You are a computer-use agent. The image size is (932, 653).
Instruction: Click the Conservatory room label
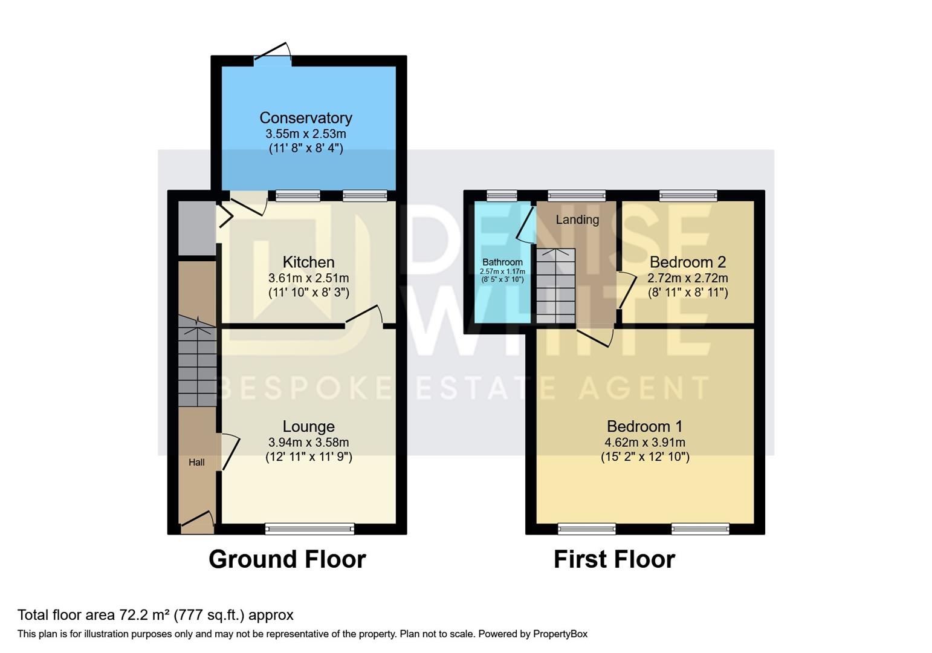(x=305, y=118)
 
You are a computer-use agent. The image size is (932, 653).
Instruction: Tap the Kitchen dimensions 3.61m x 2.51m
(x=308, y=278)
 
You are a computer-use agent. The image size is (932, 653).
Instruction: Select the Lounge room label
(x=308, y=427)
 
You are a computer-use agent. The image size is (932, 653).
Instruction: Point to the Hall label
(x=196, y=463)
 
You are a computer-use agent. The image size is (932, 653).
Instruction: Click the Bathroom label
(x=502, y=262)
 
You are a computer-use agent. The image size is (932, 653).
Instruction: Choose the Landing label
(x=577, y=219)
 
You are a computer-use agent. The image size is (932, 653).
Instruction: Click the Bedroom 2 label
(x=687, y=262)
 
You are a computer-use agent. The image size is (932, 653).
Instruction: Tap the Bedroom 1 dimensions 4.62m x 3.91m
(x=644, y=442)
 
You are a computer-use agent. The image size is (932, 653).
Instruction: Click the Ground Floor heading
(x=287, y=559)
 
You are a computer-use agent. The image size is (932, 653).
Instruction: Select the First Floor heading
(x=614, y=559)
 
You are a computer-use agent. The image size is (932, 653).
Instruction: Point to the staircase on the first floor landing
(x=555, y=286)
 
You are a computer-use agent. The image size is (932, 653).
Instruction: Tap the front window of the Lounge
(x=309, y=529)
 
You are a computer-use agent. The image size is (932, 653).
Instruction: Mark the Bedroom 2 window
(x=688, y=195)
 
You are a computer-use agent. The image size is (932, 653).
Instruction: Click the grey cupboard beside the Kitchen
(x=196, y=229)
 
